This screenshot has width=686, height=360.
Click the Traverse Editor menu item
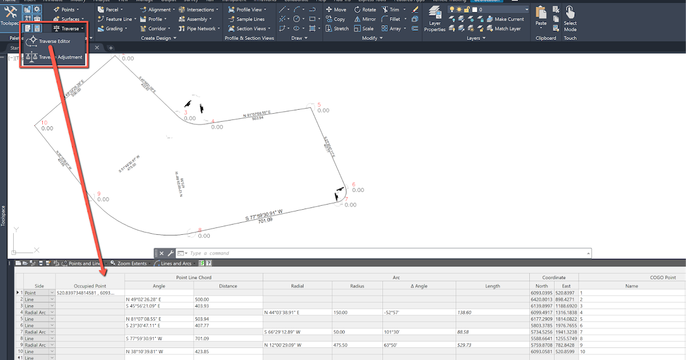point(54,41)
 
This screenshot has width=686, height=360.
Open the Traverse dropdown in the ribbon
point(68,28)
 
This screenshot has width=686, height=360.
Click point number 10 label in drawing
point(44,122)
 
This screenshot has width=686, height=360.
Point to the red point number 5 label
point(319,105)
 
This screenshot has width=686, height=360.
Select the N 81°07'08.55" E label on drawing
point(257,114)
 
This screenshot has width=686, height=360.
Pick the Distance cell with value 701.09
point(228,338)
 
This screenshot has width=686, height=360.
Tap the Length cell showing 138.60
point(492,313)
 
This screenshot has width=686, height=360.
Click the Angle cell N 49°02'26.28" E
point(159,299)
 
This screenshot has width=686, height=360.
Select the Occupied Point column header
point(90,286)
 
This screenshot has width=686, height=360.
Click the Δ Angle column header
point(419,286)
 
